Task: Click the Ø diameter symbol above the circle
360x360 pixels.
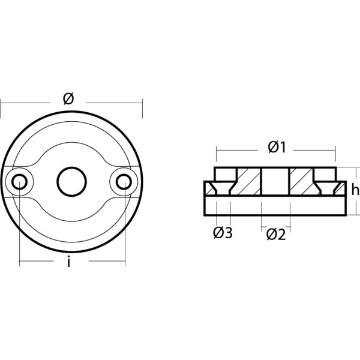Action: point(68,99)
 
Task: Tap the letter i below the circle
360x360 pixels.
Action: point(69,262)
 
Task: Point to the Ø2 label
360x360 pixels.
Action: point(276,234)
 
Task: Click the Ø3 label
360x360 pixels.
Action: point(223,233)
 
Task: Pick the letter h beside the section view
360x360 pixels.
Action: point(355,190)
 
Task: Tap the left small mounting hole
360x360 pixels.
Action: point(20,181)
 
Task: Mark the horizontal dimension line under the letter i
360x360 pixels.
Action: point(96,262)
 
